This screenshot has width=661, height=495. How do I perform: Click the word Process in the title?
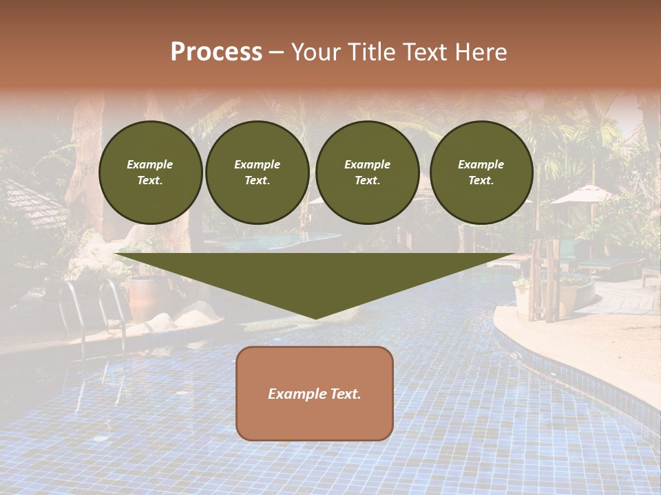(216, 52)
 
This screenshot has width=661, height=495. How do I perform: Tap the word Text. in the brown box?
(345, 394)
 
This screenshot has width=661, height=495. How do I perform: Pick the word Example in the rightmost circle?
(481, 164)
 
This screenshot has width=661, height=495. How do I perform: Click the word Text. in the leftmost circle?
(150, 180)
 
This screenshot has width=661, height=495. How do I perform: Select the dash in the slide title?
(276, 52)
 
